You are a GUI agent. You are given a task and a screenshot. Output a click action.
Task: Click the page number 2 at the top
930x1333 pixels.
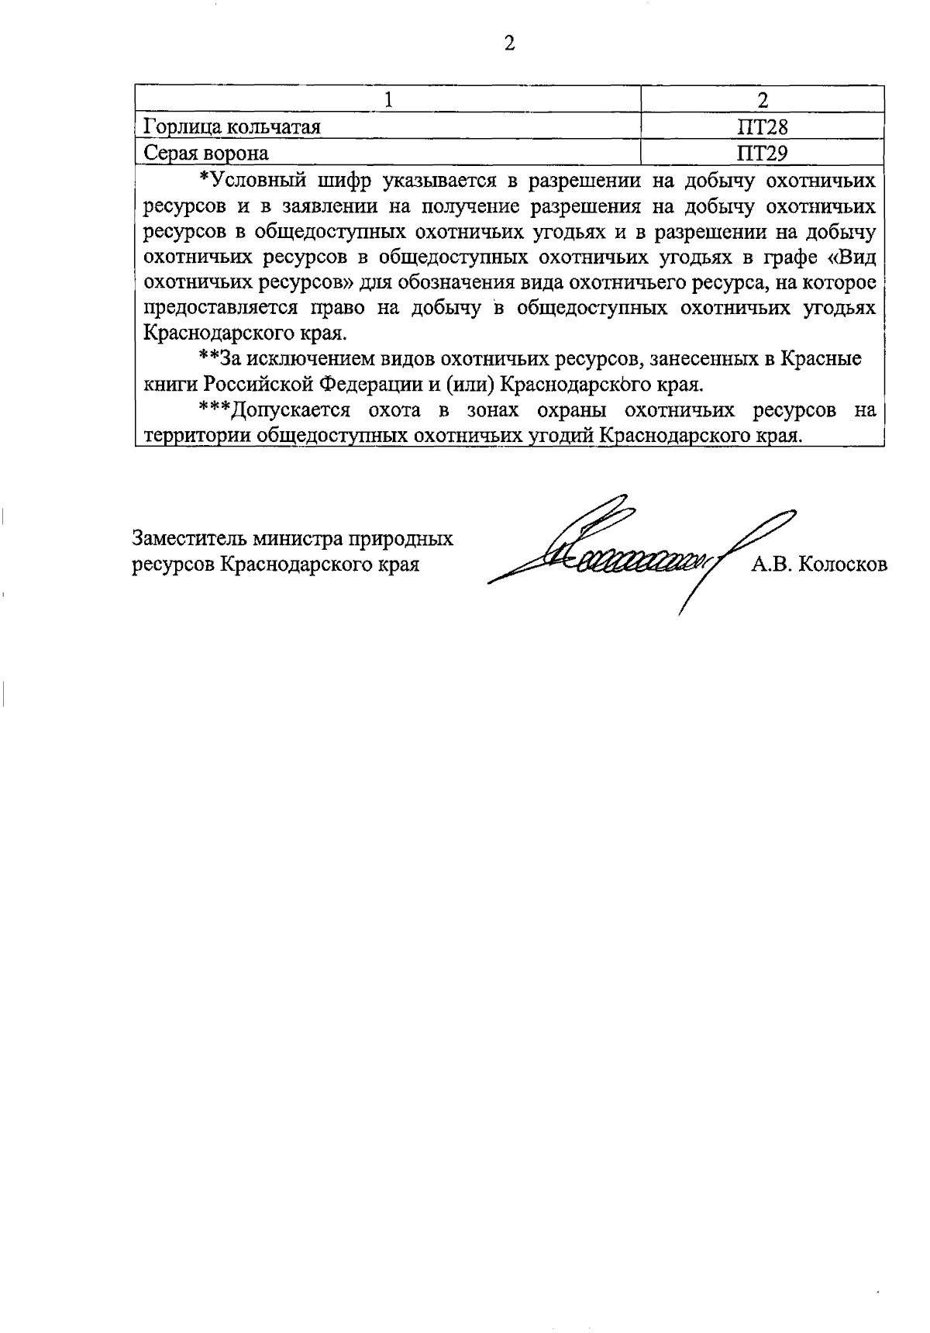[509, 44]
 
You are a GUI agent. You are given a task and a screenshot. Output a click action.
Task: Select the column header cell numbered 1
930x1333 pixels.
[389, 100]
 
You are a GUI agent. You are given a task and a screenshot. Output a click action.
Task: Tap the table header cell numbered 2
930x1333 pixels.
[763, 100]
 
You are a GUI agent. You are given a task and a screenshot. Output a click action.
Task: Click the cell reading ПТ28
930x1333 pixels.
[763, 126]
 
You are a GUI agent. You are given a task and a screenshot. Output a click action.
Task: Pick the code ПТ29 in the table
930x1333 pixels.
[763, 153]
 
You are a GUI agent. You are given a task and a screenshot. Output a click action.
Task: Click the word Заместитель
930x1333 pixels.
[183, 538]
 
